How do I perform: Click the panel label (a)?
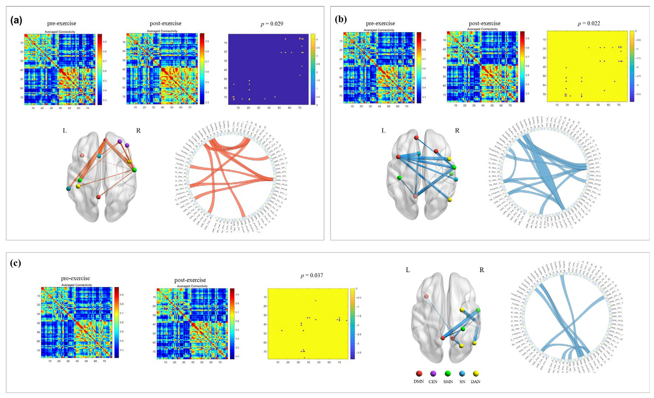16,20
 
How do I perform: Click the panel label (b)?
341,20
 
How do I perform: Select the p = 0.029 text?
272,24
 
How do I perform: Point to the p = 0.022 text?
589,23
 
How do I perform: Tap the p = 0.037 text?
312,276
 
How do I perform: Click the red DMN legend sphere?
419,374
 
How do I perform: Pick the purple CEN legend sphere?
433,374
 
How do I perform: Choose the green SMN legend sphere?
448,374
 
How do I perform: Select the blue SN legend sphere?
462,374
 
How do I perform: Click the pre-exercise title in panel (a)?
62,23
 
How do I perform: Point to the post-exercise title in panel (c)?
190,280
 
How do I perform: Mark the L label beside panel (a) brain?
65,131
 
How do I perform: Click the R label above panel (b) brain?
457,131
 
